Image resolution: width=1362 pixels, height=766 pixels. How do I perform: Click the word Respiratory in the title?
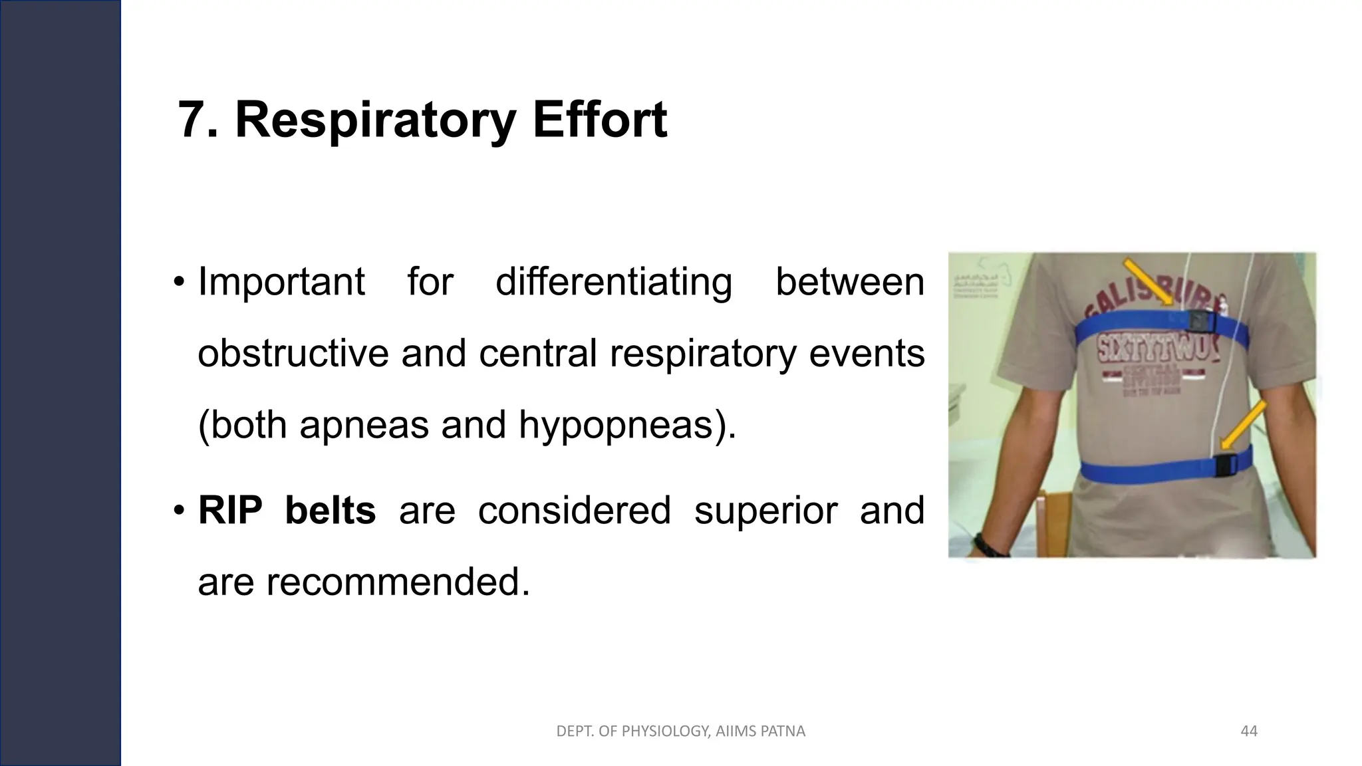point(375,120)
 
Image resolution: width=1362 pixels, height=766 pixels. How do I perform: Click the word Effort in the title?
point(599,120)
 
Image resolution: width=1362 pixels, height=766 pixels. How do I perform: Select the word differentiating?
point(613,282)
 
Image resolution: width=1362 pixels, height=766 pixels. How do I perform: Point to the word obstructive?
point(293,353)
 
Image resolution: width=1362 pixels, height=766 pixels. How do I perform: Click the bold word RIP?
point(229,511)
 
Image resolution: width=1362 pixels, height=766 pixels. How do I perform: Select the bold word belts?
point(330,511)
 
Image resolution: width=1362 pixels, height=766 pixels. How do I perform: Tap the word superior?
point(765,511)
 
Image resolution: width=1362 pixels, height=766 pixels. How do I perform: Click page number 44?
point(1249,731)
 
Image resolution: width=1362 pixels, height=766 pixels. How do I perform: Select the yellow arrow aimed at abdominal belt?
point(1244,426)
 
